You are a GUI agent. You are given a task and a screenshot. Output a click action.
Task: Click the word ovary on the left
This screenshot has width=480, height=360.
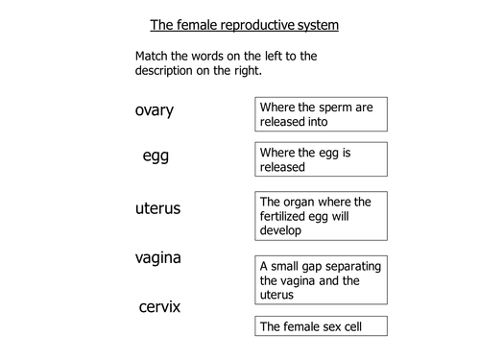click(x=155, y=109)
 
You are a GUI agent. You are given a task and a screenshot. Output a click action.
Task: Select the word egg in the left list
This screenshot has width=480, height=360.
click(x=156, y=156)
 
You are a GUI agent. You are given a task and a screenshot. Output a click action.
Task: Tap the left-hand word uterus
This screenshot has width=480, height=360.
click(x=158, y=207)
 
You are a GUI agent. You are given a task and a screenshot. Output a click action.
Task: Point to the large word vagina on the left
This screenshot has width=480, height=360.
click(x=158, y=257)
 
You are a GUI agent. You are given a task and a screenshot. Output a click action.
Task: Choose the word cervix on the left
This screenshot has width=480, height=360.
click(x=158, y=307)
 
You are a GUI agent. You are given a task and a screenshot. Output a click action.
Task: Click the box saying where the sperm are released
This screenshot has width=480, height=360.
click(x=322, y=114)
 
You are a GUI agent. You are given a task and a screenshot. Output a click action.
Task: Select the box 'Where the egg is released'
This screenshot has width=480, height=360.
click(x=322, y=159)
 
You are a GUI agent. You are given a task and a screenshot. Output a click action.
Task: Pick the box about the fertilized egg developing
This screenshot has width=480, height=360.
click(x=322, y=216)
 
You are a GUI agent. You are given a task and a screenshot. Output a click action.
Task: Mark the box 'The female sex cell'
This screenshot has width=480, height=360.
click(x=322, y=327)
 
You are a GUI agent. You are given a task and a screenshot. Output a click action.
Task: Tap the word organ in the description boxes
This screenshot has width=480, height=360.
click(x=304, y=201)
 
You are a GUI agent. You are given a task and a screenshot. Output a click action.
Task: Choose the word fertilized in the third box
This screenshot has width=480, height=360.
click(x=285, y=216)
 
